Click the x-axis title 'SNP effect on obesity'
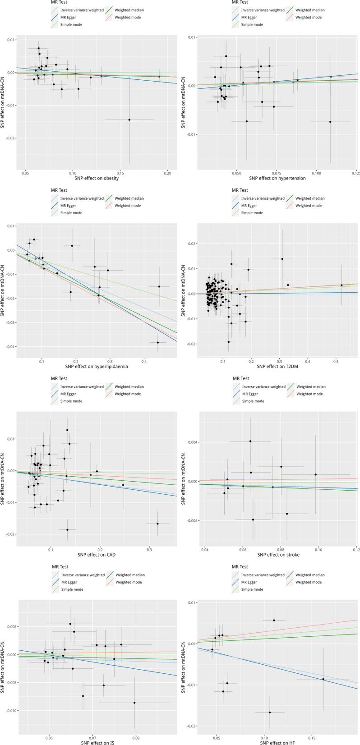click(96, 178)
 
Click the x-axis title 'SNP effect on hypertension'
click(277, 178)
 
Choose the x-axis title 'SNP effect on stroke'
click(278, 555)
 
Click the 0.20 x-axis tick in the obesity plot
click(167, 173)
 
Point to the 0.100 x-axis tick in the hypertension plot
click(316, 173)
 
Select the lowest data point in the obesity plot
click(129, 120)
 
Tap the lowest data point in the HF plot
click(270, 713)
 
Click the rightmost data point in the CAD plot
click(157, 524)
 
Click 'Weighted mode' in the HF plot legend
click(309, 582)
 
